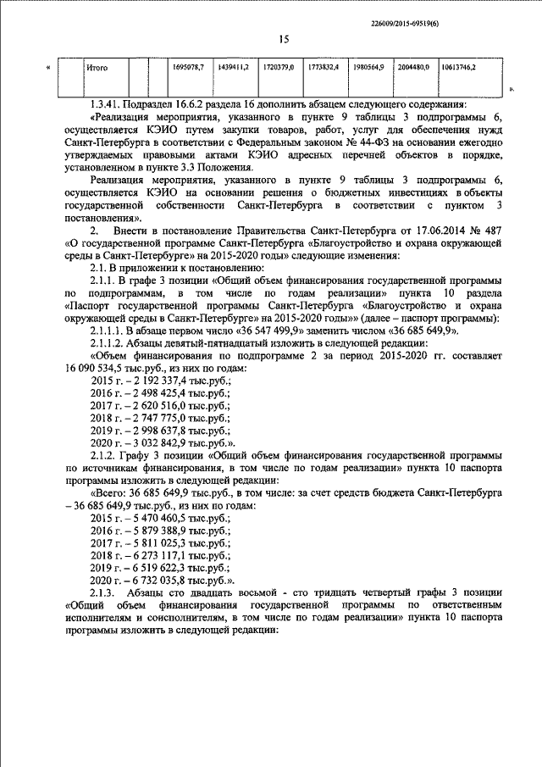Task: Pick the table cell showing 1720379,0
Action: click(x=278, y=66)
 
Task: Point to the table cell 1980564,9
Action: click(x=369, y=66)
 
